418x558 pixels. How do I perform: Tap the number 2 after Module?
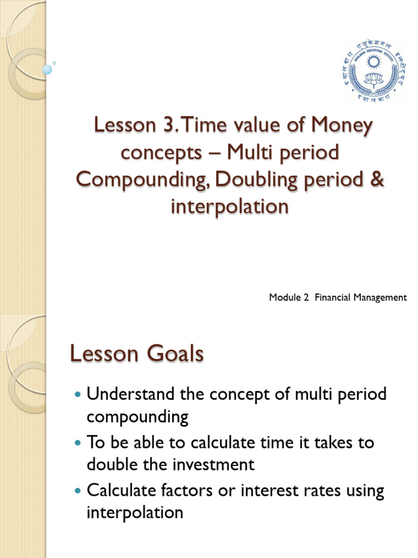click(x=299, y=298)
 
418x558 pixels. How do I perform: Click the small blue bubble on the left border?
click(x=47, y=69)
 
